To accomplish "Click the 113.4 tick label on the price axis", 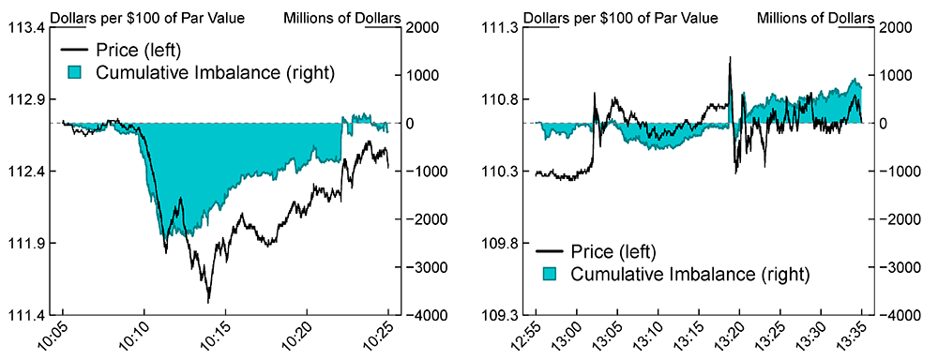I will click(29, 27).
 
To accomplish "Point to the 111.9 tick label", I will click(29, 243).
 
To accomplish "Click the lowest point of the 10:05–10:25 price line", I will click(208, 302).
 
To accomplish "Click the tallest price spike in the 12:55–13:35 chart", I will click(730, 57).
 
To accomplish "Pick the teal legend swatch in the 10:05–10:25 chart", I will click(75, 71).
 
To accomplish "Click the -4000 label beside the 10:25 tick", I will click(422, 315).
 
